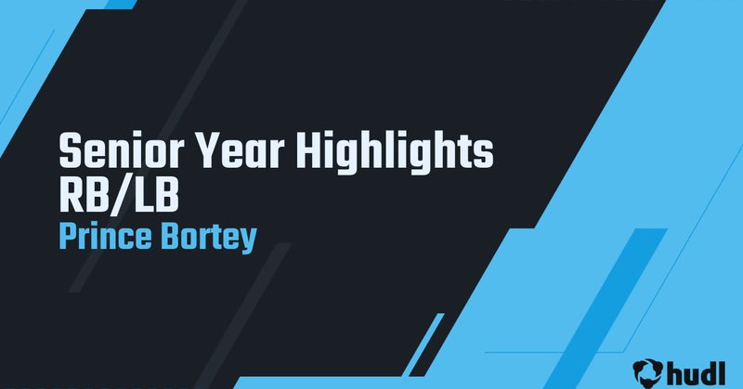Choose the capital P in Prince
click(x=67, y=234)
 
